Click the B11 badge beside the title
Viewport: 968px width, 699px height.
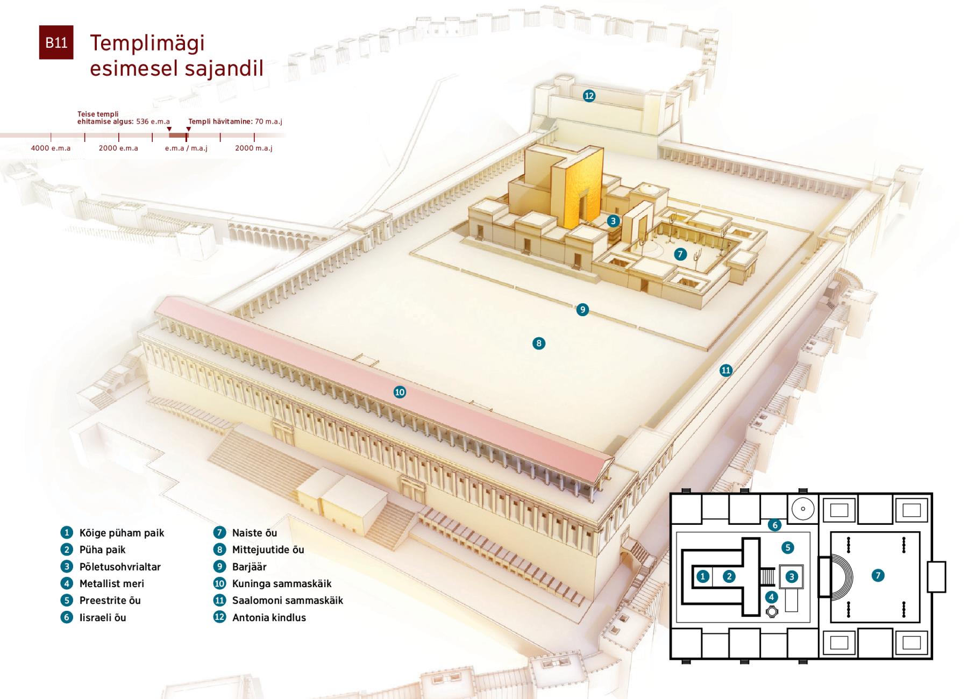56,42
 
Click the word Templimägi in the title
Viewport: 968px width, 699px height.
147,43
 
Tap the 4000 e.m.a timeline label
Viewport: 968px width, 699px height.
51,148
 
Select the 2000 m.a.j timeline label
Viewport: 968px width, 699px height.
253,148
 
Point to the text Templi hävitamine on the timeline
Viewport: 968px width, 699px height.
220,122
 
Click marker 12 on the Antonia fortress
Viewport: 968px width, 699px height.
589,96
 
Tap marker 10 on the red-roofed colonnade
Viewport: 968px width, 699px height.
400,392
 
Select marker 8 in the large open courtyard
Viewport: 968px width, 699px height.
538,343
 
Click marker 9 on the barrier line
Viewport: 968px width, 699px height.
582,309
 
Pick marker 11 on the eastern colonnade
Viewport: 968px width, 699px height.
726,370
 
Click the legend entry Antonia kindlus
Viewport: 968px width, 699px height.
260,617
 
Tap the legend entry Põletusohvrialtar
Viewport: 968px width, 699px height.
111,567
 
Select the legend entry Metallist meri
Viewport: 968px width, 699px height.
102,583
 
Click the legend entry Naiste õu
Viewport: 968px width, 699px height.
245,533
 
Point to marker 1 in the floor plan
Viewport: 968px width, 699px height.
702,576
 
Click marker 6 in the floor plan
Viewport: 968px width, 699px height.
774,525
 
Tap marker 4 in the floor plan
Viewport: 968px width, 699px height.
772,596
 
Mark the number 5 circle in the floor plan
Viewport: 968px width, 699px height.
787,547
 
